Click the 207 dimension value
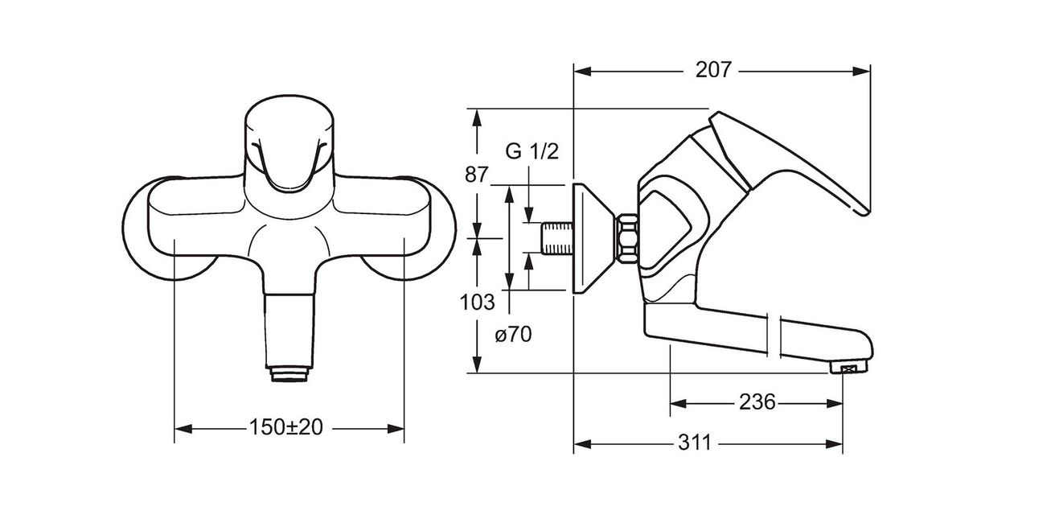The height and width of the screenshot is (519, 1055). click(x=713, y=70)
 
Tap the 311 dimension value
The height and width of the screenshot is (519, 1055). click(x=694, y=443)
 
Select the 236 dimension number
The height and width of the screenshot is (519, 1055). click(x=757, y=402)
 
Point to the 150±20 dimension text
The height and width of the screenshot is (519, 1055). click(x=286, y=427)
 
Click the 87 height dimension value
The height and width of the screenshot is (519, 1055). click(x=476, y=175)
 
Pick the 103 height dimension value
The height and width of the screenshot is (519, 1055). click(x=477, y=303)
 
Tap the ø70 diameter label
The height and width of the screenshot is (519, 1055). click(x=513, y=335)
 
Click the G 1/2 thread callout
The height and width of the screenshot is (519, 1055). click(x=532, y=151)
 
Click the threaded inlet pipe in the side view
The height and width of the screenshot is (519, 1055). click(x=557, y=238)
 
